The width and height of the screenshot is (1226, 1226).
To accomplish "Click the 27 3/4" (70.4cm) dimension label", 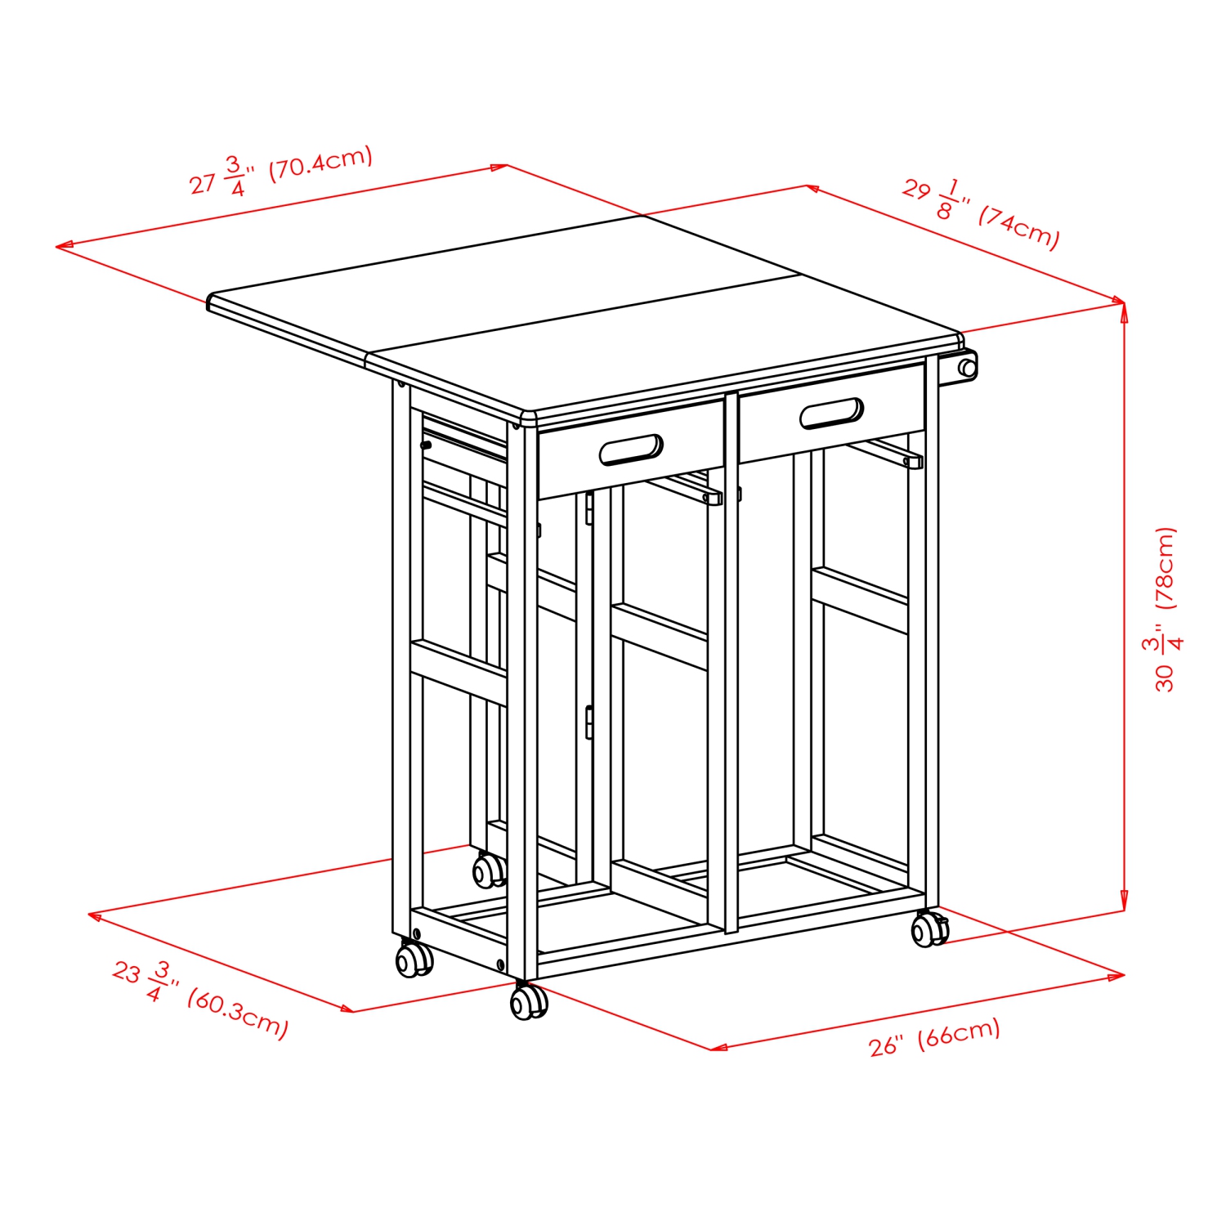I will [x=280, y=171].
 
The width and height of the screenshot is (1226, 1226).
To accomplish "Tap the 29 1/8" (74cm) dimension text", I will [x=981, y=213].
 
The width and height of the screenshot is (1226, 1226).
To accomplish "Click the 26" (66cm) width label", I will [x=934, y=1036].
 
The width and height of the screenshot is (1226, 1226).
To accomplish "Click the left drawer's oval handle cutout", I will [x=631, y=450].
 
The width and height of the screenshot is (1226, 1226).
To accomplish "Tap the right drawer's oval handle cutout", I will [x=831, y=414].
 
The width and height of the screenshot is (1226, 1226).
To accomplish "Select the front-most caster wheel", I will [x=528, y=1002].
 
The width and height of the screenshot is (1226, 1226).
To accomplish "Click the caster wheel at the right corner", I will [x=928, y=930].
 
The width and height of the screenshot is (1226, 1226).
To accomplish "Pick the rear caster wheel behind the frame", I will [x=489, y=870].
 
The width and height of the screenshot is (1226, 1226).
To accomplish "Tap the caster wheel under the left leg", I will [x=414, y=960].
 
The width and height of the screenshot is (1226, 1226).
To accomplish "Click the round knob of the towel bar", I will [x=968, y=368].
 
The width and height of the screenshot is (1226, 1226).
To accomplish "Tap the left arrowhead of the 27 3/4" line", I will [x=62, y=245].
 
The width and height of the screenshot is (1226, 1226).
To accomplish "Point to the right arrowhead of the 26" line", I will [x=1120, y=975].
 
